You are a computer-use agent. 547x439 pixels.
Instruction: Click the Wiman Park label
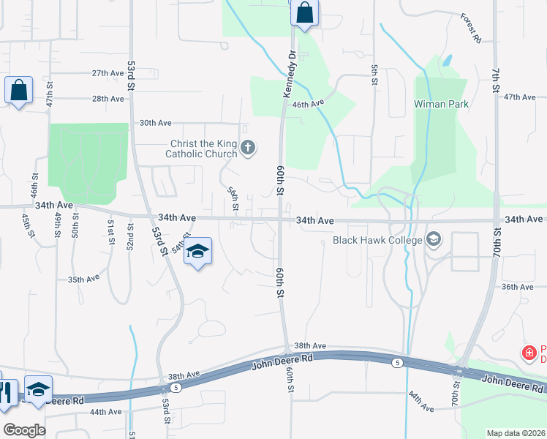pos(441,104)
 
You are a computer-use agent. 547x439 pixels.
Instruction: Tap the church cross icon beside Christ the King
pos(248,149)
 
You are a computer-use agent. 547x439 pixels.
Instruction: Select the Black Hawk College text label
pos(377,240)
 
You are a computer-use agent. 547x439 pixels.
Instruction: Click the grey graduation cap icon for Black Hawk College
pos(434,240)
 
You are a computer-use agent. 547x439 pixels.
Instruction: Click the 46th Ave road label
pos(308,105)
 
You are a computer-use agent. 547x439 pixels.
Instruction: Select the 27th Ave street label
pos(107,73)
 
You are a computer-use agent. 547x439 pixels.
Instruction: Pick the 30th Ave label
pos(154,123)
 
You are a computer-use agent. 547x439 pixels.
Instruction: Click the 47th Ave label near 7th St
pos(520,97)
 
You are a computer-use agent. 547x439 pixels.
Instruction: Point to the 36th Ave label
pos(517,287)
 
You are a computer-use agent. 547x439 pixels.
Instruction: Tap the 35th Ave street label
pos(83,279)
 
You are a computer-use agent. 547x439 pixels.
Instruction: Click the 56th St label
pos(233,198)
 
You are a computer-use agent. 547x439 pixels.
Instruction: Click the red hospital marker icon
pos(529,353)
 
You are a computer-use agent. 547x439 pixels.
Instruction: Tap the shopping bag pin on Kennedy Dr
pos(304,13)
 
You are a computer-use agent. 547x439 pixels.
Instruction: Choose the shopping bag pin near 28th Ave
pos(18,91)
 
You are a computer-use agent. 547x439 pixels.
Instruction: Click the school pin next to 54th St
pos(197,252)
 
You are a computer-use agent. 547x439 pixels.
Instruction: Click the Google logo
pos(24,429)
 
